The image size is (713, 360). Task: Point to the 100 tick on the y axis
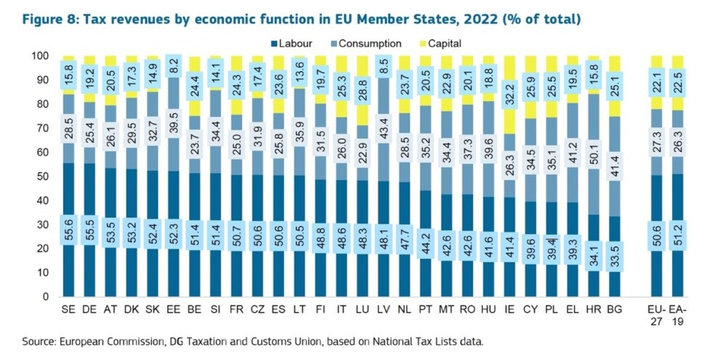[x=40, y=56]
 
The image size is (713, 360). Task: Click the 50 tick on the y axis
[x=43, y=177]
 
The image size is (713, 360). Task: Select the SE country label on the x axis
[x=69, y=309]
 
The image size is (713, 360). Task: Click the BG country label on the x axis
[x=616, y=309]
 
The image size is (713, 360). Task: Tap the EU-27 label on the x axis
[x=656, y=314]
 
